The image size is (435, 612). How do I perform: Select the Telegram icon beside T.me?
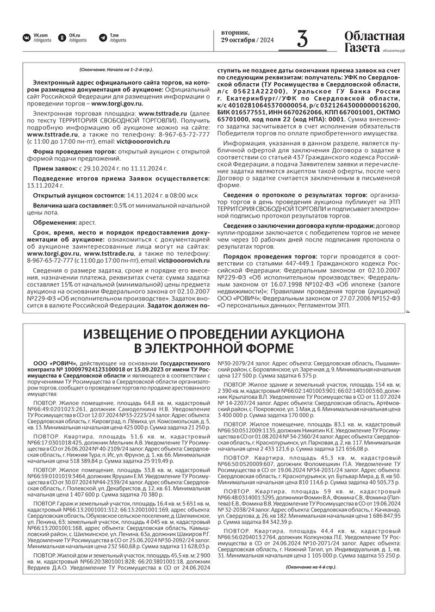tap(103, 37)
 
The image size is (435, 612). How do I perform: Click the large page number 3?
tap(302, 40)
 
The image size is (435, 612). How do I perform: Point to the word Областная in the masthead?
tap(374, 36)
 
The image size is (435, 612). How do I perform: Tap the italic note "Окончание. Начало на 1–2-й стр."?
tap(116, 70)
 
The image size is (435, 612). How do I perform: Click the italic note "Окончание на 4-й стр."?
tap(311, 567)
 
